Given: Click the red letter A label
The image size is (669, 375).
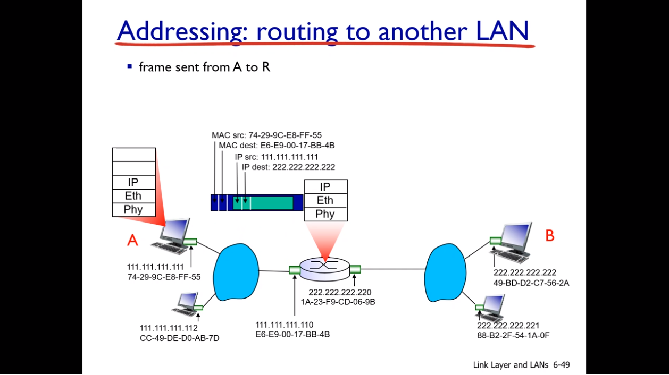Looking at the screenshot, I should tap(132, 241).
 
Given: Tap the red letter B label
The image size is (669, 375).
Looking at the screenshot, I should tap(550, 236).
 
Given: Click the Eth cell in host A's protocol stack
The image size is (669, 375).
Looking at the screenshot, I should tap(133, 196).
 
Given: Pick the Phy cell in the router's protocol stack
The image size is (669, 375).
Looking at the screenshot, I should tap(325, 214).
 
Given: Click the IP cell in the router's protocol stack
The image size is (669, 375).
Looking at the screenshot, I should tap(325, 186).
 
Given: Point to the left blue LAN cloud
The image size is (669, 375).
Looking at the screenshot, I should tap(235, 272).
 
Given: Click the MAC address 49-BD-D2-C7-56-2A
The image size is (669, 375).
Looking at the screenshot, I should tap(531, 283).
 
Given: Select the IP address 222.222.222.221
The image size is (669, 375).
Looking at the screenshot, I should tap(508, 326).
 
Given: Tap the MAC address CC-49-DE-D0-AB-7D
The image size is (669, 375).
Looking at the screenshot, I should tap(179, 338).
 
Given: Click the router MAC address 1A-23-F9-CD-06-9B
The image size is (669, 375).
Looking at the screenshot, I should tap(338, 302).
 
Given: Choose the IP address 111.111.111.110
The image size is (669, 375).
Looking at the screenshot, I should tap(285, 325).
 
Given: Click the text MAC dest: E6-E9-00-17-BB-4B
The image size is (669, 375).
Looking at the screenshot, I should tap(277, 145).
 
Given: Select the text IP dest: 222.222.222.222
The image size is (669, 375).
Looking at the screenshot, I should tap(288, 167).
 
